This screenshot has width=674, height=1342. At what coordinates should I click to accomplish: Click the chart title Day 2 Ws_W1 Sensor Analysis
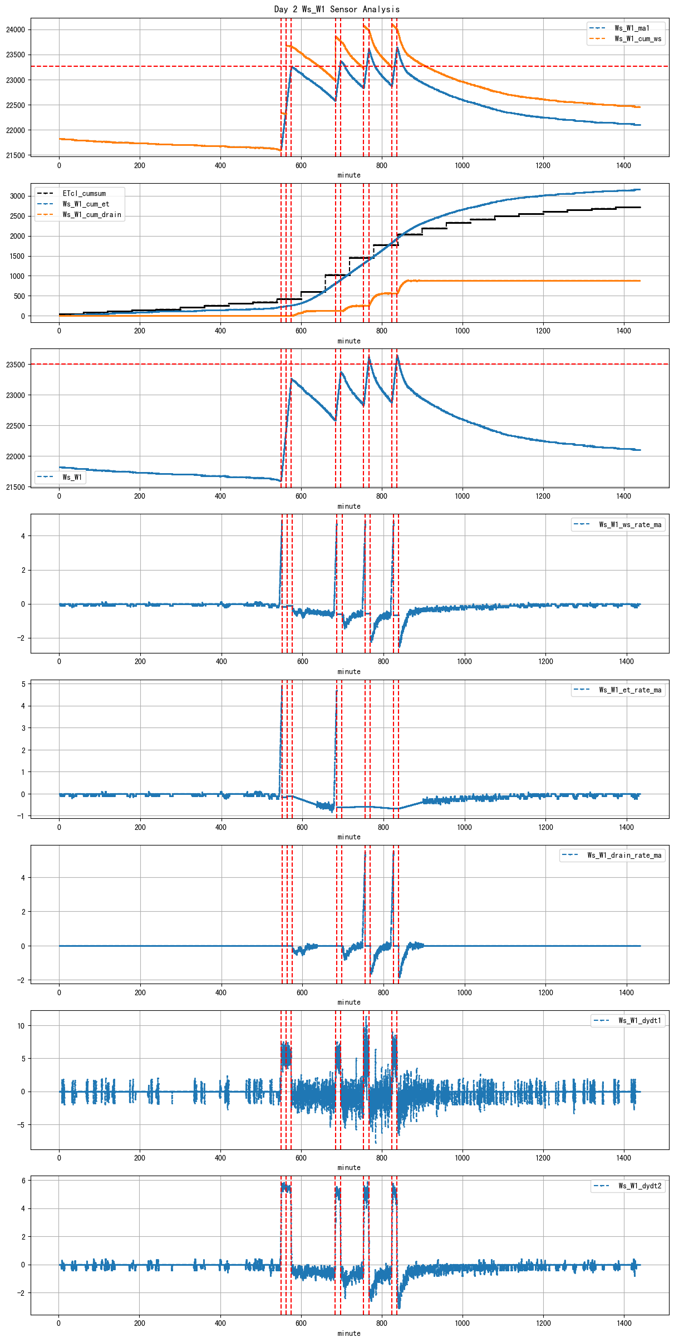(337, 9)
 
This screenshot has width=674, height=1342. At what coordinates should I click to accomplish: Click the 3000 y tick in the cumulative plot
(17, 196)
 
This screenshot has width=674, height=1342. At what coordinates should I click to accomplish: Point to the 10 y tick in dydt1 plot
(21, 1026)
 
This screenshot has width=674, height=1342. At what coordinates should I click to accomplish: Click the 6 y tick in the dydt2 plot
(23, 1181)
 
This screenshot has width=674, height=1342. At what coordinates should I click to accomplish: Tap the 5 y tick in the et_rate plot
(23, 684)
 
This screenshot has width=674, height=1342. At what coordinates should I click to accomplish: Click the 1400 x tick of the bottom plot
(624, 1323)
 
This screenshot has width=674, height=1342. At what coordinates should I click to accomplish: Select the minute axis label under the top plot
(349, 175)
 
